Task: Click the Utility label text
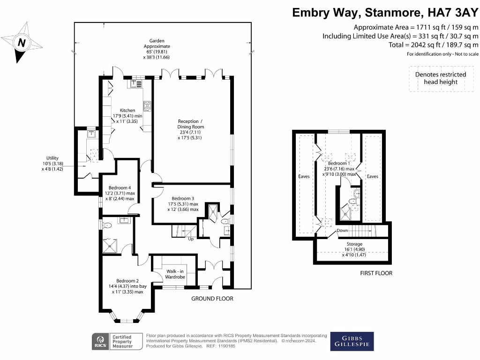coord(52,158)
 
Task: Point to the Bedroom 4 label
coord(119,187)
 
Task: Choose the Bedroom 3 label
coord(183,198)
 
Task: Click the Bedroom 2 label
coord(127,281)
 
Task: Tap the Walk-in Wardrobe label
coord(175,274)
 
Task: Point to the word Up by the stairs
coord(191,239)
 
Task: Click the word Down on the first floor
coord(343,231)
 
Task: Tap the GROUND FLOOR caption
coord(212,299)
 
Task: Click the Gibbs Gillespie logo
coord(352,341)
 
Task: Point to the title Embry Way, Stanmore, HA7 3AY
coord(385,12)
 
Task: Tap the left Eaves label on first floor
coord(304,176)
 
